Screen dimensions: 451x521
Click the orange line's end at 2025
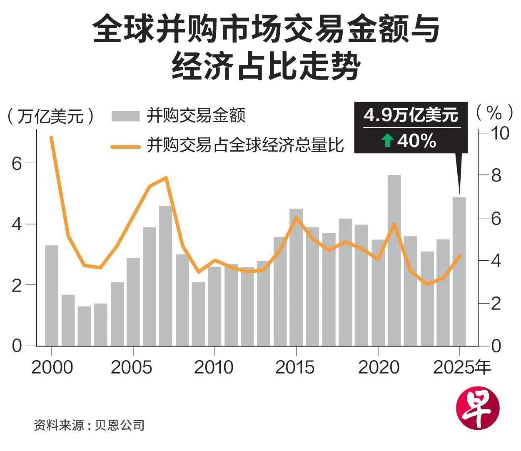459,256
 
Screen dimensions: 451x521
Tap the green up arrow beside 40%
387,141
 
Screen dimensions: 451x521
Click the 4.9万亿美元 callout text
411,115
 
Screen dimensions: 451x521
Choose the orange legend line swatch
125,146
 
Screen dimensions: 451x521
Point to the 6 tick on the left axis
17,163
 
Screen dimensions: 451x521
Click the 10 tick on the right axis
501,133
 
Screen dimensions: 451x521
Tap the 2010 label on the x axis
214,367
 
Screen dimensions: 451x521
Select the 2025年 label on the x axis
462,367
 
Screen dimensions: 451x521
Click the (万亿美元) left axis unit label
50,116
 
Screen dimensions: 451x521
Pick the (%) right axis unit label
494,112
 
